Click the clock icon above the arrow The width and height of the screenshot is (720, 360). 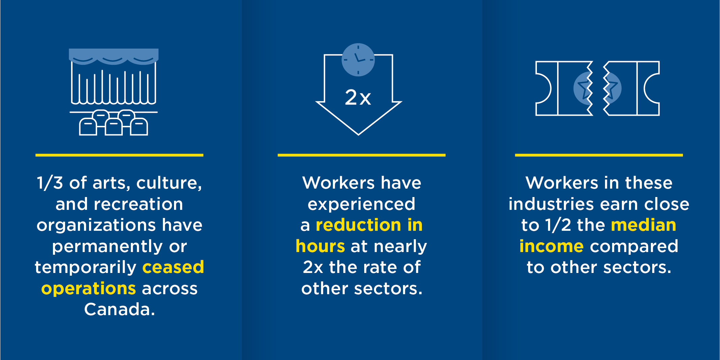tap(358, 60)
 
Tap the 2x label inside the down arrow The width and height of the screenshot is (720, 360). tap(358, 98)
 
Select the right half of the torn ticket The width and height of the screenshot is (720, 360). tap(631, 88)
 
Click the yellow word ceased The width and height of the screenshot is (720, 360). tap(173, 267)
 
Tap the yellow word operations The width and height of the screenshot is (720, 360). tap(89, 289)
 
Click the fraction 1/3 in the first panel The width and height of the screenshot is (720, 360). tap(50, 183)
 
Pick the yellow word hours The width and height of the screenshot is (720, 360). tap(320, 246)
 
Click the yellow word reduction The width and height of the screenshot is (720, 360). tap(358, 225)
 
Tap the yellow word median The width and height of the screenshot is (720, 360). tap(643, 225)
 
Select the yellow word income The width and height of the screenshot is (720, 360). tap(551, 246)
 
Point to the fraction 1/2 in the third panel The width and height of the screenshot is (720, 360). tap(558, 225)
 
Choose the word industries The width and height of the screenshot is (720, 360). tap(551, 204)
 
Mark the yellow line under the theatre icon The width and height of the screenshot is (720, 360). tap(119, 155)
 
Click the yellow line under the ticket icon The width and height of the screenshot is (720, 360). tap(599, 155)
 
